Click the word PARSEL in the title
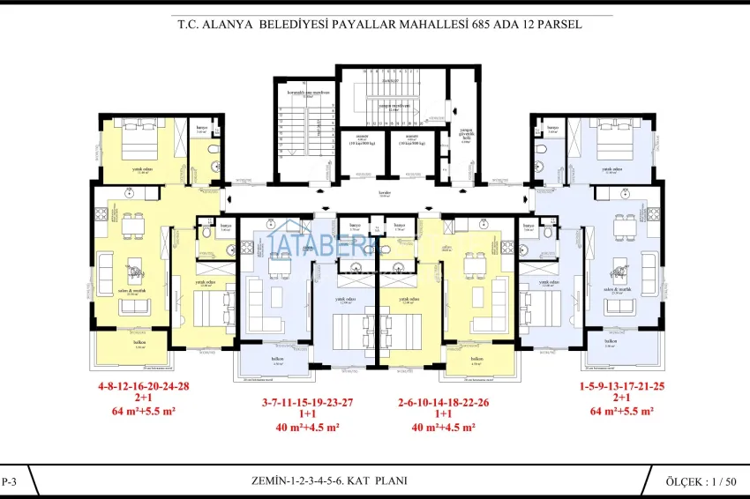(x=557, y=26)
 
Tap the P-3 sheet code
(x=11, y=481)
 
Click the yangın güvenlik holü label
(x=466, y=134)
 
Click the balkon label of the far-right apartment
(x=610, y=341)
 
